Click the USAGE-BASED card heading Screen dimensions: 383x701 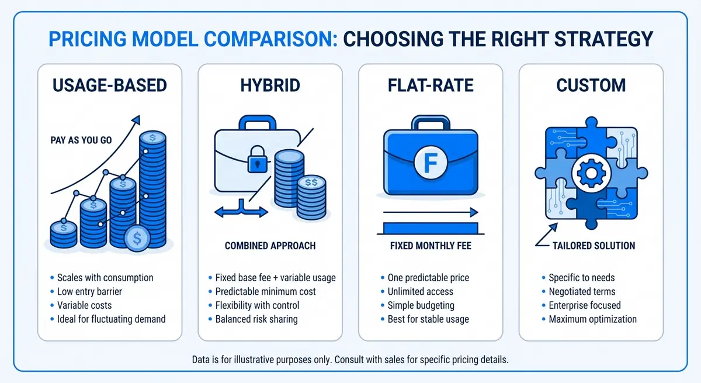(109, 85)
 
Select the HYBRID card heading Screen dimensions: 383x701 (270, 85)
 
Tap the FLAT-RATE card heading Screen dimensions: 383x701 (430, 85)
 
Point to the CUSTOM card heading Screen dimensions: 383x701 (591, 85)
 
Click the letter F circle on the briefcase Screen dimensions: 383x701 (431, 162)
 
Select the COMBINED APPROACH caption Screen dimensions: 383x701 (270, 246)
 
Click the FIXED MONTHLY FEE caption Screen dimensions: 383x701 (430, 246)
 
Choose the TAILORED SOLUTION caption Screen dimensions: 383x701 (594, 246)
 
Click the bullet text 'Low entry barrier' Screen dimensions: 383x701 (89, 291)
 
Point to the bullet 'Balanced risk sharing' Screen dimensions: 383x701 (256, 319)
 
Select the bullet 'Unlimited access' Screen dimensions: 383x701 (420, 291)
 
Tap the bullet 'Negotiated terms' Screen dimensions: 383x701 (582, 291)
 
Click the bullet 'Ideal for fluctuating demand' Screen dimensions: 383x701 (111, 319)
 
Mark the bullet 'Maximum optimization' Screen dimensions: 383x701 (592, 319)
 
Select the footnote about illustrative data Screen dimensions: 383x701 (350, 360)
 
